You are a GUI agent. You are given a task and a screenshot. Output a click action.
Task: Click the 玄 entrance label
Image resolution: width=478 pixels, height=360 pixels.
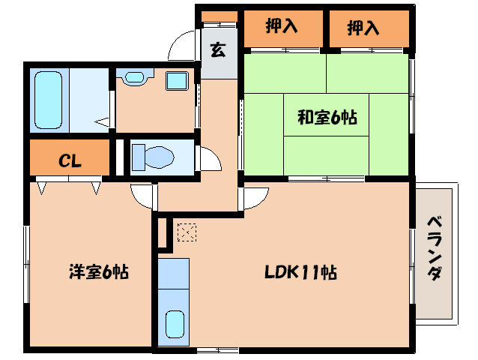coord(218,51)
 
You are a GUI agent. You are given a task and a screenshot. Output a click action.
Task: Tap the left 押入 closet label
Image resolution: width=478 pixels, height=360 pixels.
coord(282,27)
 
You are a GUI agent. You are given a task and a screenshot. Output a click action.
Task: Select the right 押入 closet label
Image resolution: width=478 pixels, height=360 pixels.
coord(363,28)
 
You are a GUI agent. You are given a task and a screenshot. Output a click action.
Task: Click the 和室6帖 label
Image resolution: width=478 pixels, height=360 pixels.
coord(327,117)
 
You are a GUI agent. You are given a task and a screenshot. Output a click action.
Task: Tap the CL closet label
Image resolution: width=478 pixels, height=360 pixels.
coord(70,160)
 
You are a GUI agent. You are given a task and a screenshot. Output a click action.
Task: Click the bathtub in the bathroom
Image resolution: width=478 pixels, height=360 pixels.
coord(50,100)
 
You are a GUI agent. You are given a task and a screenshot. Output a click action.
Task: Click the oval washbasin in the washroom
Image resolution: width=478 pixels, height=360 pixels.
coord(135,77)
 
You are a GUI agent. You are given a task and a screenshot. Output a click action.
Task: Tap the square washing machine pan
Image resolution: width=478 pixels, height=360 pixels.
coord(177,80)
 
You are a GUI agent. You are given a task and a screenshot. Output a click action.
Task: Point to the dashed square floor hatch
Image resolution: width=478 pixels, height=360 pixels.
coord(185,232)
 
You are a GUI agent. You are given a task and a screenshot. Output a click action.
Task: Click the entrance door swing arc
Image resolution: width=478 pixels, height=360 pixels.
coord(182,48)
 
